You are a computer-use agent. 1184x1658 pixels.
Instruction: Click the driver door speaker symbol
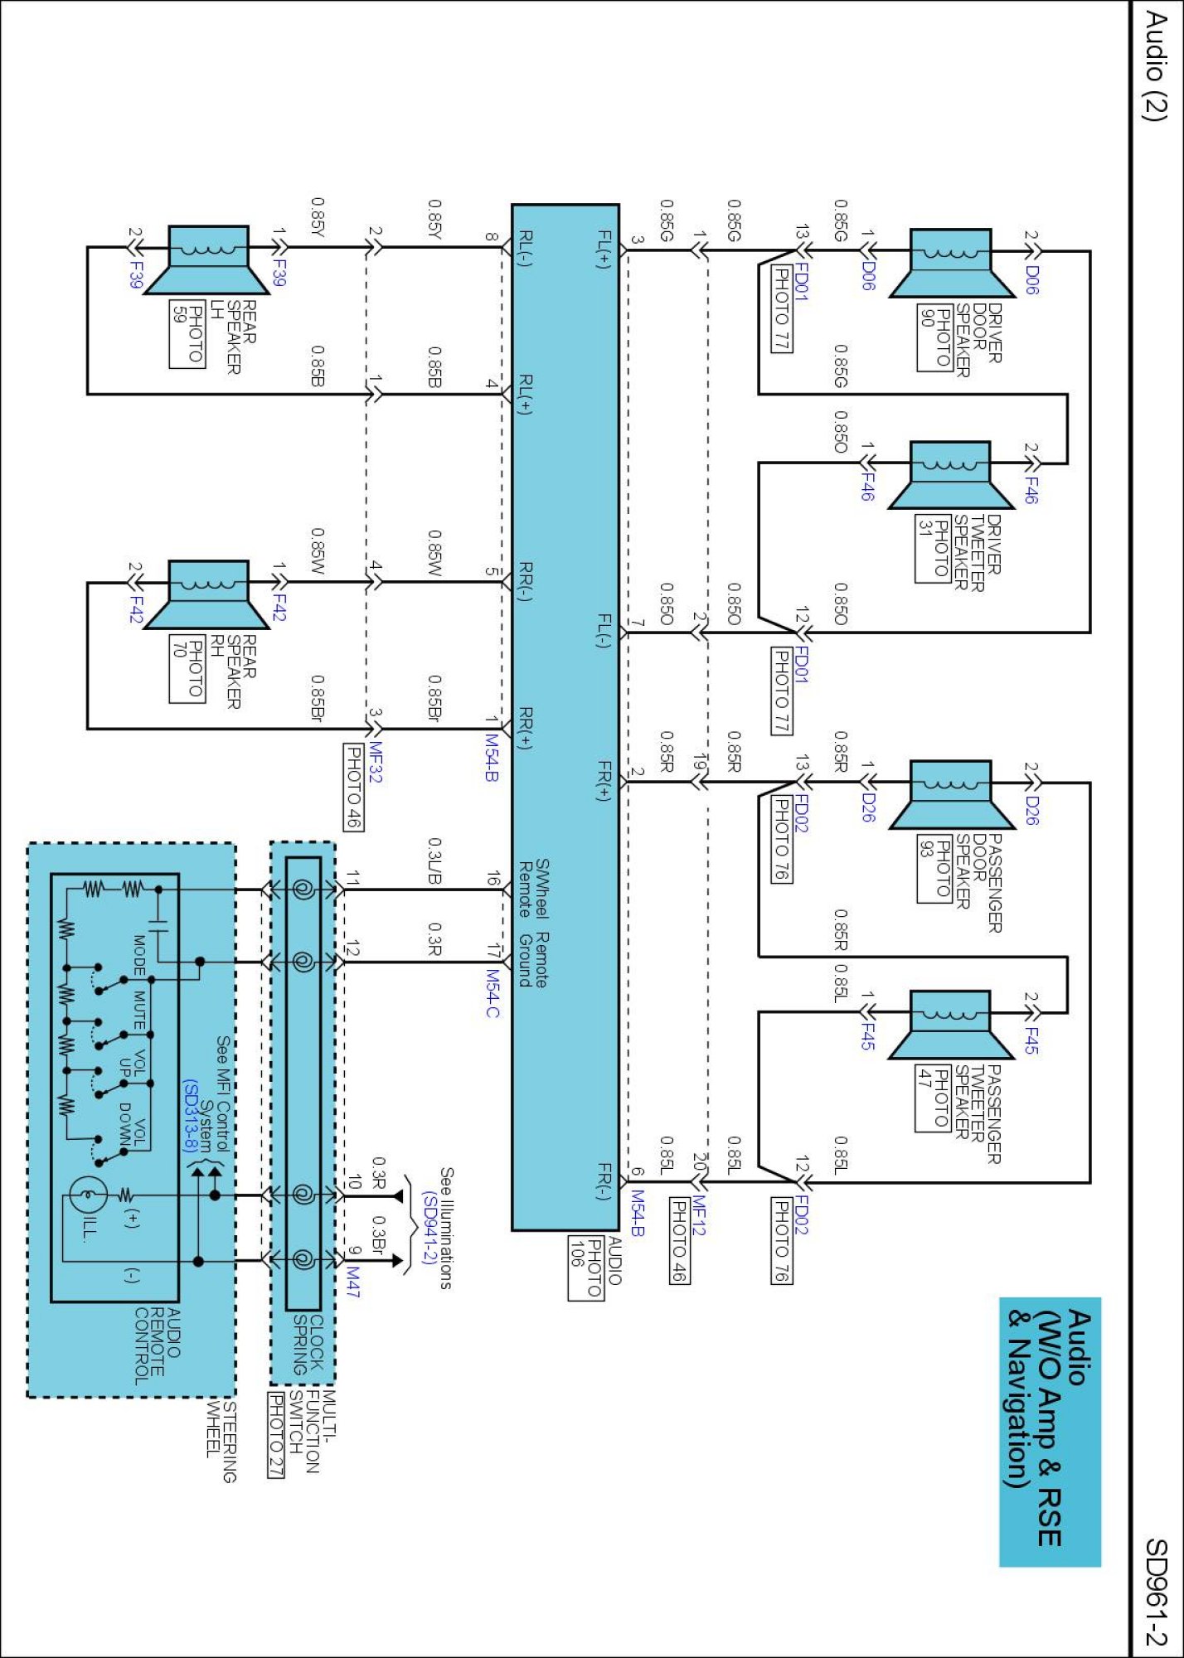[x=952, y=262]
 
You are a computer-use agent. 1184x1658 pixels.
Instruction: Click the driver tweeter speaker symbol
[x=952, y=474]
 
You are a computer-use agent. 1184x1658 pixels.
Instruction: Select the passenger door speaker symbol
[x=952, y=793]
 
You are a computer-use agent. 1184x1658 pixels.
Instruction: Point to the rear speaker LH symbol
[x=208, y=259]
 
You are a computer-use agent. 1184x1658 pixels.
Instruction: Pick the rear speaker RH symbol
[x=208, y=594]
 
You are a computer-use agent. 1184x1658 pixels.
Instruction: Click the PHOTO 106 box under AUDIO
[x=586, y=1268]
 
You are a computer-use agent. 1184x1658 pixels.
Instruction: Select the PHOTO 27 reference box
[x=276, y=1434]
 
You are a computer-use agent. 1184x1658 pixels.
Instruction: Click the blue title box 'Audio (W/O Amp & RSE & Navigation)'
[x=1050, y=1431]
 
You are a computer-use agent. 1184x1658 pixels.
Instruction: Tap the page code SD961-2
[x=1155, y=1592]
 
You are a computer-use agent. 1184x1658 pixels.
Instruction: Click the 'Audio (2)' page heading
[x=1155, y=66]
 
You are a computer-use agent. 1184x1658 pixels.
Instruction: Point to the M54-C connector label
[x=493, y=993]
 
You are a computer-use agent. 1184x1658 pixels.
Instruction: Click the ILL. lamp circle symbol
[x=87, y=1195]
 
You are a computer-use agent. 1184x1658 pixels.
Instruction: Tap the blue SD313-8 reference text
[x=191, y=1115]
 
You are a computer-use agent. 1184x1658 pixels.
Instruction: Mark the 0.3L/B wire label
[x=434, y=861]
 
